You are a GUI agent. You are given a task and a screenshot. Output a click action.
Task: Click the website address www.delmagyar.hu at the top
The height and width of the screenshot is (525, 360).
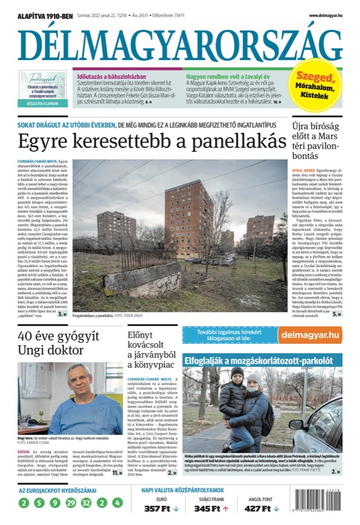(x=325, y=15)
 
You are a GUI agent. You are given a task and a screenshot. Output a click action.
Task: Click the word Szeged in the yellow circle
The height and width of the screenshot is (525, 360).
(x=317, y=78)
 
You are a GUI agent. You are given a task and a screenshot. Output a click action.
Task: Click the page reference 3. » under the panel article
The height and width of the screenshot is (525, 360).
(x=61, y=314)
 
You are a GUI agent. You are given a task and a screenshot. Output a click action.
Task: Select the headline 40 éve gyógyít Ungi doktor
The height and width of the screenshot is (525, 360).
(x=58, y=344)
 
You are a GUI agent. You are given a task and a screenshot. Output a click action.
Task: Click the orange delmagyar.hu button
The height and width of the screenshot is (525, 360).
(x=309, y=335)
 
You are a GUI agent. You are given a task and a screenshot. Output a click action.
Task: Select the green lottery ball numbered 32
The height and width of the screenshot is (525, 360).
(x=86, y=502)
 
